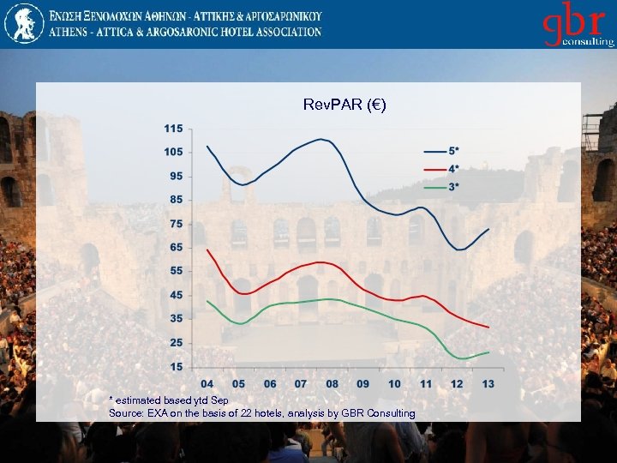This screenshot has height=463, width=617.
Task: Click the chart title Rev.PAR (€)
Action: (344, 105)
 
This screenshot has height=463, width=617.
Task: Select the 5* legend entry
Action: (453, 150)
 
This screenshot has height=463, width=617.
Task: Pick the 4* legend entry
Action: (453, 168)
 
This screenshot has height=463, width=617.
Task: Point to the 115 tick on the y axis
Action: (173, 129)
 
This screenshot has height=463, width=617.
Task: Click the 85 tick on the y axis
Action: (176, 200)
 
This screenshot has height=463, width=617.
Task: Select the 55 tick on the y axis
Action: (176, 271)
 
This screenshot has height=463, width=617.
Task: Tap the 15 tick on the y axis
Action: (176, 367)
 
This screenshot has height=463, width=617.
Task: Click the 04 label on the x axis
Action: (207, 384)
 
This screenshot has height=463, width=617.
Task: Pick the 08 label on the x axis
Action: (332, 384)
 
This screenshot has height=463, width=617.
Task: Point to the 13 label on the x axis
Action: (488, 384)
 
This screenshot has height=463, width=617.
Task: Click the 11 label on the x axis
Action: (426, 384)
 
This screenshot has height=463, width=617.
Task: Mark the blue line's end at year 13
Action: (488, 229)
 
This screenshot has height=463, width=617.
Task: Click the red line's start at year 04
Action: (207, 250)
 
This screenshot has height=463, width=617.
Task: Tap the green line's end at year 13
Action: (488, 352)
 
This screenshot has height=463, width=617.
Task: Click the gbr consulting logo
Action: (578, 25)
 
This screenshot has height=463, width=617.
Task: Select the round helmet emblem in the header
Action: (23, 23)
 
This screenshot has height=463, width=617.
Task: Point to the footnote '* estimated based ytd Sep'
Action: (169, 400)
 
